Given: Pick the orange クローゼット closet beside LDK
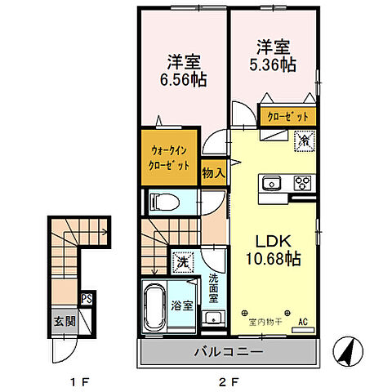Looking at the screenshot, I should [x=287, y=117].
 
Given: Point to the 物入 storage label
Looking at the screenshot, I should [x=214, y=172].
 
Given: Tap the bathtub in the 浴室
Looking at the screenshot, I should [x=154, y=308].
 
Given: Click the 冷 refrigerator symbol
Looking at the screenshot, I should [x=303, y=140].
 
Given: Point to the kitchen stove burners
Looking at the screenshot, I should [x=301, y=182].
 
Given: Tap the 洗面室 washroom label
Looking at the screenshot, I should [x=213, y=287].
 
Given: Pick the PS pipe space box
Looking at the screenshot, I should [x=86, y=300].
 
